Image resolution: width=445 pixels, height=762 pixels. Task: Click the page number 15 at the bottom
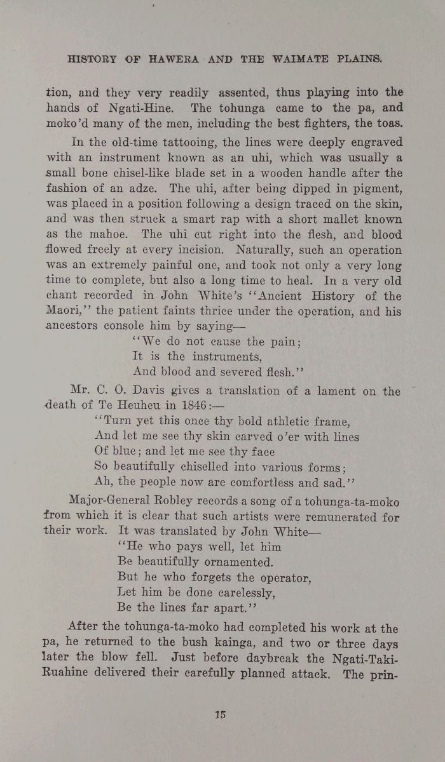(220, 714)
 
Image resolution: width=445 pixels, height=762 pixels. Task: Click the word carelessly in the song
(238, 593)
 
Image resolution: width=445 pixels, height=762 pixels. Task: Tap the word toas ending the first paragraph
(385, 124)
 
